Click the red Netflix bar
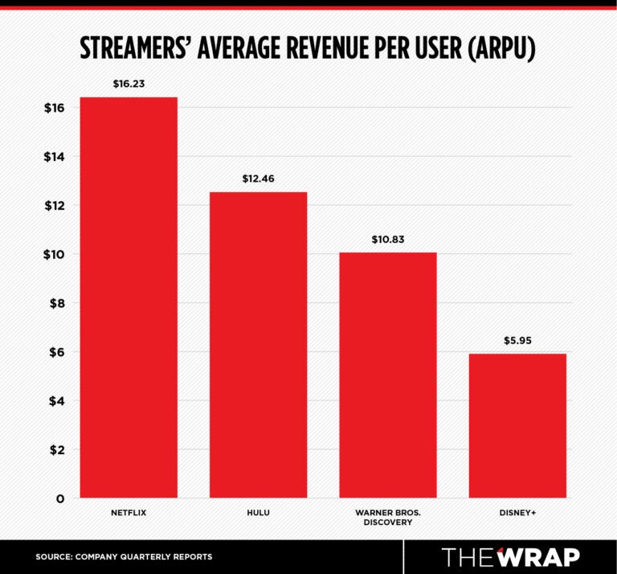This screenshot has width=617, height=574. tap(129, 297)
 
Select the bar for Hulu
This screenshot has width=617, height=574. tap(258, 345)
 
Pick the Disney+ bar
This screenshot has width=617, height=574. tap(517, 425)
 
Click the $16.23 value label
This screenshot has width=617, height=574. tap(129, 82)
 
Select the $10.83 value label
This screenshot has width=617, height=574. tap(388, 239)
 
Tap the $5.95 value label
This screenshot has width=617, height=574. tap(517, 339)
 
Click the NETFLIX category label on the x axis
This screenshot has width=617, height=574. tap(129, 511)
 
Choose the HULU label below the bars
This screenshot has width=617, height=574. tap(258, 511)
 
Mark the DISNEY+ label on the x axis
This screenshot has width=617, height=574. tap(517, 511)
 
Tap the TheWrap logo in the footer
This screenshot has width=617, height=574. tap(510, 556)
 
